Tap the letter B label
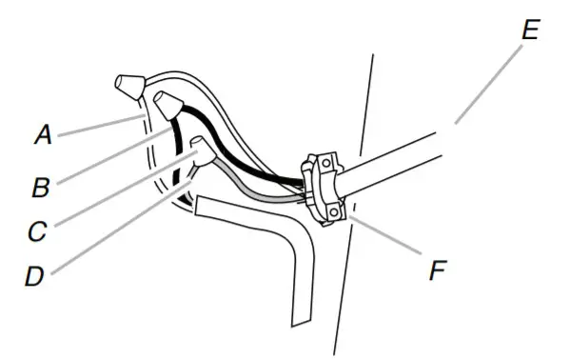(41, 187)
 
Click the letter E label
(530, 30)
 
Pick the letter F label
(437, 271)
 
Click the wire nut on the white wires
(128, 88)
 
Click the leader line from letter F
(385, 240)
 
